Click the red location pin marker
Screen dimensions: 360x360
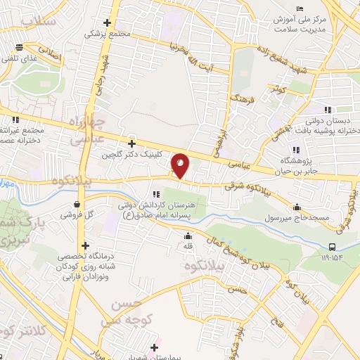[x=181, y=167]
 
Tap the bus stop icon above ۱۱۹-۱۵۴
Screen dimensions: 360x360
[x=332, y=246]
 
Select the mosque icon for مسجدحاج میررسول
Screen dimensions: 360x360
[x=297, y=207]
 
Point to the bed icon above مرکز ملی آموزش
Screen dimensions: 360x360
[x=301, y=8]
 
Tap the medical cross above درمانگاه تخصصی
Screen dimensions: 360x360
[x=86, y=246]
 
